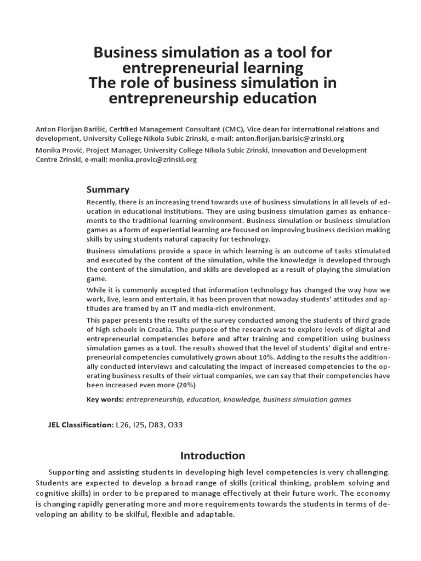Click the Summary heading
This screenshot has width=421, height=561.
tap(108, 190)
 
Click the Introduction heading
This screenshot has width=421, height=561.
tap(213, 455)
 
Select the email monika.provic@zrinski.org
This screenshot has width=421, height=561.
tap(153, 159)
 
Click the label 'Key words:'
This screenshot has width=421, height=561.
tap(105, 399)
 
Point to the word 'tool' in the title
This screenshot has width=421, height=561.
tap(285, 53)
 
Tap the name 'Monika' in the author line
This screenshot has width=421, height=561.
tap(47, 150)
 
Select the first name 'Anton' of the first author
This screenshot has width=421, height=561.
tap(46, 129)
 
